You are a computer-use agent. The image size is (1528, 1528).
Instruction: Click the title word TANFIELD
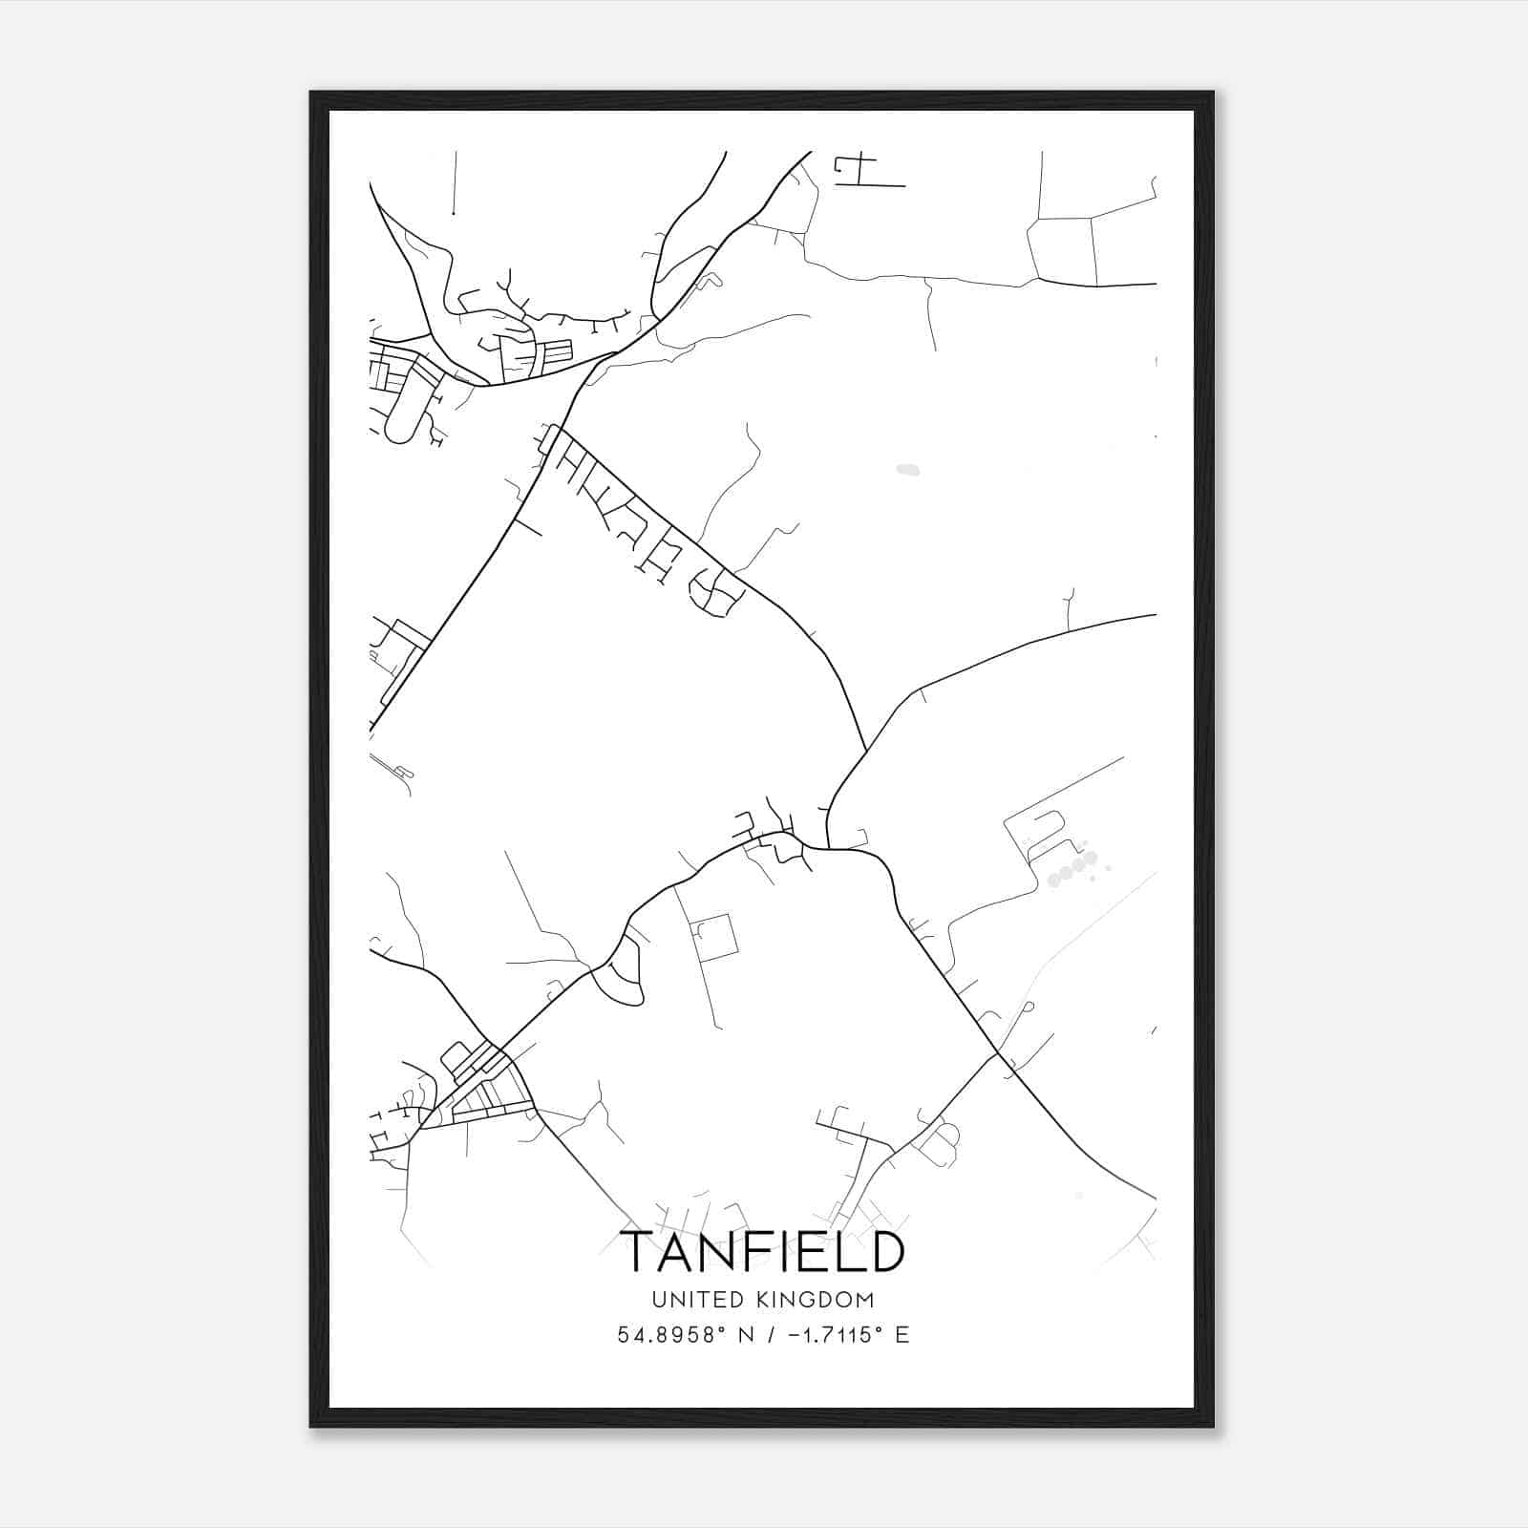pyautogui.click(x=762, y=1252)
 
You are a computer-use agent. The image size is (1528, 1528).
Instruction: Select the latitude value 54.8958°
pyautogui.click(x=667, y=1335)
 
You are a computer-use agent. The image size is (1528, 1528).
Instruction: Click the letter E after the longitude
pyautogui.click(x=902, y=1335)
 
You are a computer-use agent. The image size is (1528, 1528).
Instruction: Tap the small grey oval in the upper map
pyautogui.click(x=906, y=469)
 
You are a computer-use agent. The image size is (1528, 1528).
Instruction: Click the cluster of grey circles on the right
pyautogui.click(x=1073, y=867)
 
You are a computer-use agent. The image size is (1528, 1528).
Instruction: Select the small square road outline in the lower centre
pyautogui.click(x=715, y=936)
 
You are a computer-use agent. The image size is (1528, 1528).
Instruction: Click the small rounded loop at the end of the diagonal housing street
pyautogui.click(x=721, y=596)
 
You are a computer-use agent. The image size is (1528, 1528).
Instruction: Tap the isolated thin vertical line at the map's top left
pyautogui.click(x=455, y=181)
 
